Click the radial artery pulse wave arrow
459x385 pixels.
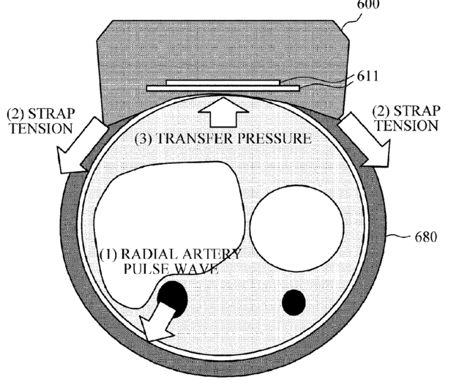[x=160, y=323]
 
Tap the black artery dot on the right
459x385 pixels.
[x=294, y=302]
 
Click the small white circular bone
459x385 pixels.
[x=296, y=229]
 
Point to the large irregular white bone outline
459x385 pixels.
[x=165, y=212]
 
